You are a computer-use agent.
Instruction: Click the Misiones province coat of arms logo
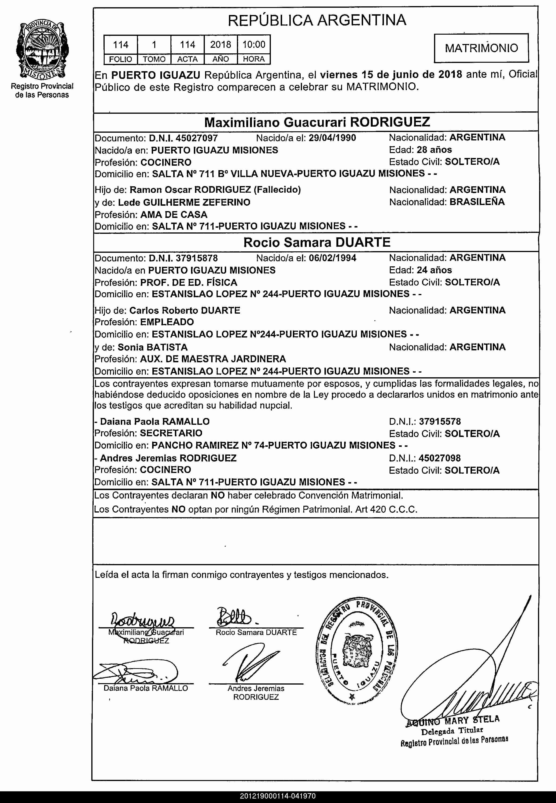click(x=42, y=50)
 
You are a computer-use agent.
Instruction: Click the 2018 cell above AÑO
click(x=221, y=44)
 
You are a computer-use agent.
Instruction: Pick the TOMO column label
click(x=154, y=59)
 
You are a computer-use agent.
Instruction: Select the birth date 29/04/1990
click(x=332, y=138)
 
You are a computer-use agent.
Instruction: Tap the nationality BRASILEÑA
click(x=477, y=202)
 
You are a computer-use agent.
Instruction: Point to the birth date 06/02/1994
click(x=332, y=258)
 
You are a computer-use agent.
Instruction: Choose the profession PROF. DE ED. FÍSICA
click(x=188, y=282)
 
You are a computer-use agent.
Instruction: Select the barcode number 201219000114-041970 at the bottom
click(x=278, y=796)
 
